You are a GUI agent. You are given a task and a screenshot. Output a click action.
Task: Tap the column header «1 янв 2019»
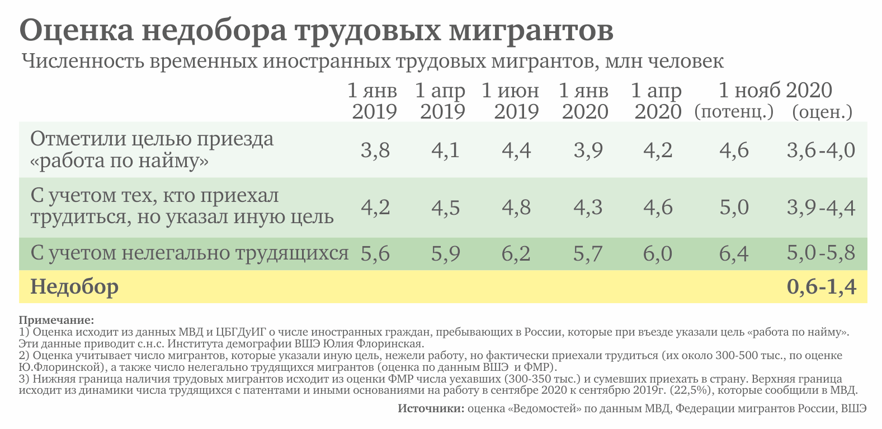374,101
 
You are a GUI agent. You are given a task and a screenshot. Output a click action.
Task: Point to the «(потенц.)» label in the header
734,112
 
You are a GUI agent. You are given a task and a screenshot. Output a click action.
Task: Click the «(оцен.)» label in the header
822,112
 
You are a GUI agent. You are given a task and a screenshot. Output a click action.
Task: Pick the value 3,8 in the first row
375,150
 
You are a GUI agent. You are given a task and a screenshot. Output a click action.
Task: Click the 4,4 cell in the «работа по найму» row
516,150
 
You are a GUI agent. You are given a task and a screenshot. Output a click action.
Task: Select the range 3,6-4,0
820,150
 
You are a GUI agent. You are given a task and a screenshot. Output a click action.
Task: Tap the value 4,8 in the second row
516,208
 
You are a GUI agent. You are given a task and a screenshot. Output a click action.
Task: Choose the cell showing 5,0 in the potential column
734,208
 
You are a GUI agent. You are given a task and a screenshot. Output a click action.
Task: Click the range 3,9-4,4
820,208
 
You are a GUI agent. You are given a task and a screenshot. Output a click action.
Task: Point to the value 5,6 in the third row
375,254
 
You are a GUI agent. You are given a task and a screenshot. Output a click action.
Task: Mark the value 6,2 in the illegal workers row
516,254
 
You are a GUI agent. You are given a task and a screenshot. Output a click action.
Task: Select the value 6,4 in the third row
734,254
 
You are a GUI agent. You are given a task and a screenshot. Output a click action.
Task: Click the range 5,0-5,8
820,253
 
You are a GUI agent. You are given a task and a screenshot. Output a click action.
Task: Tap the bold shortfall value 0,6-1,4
821,287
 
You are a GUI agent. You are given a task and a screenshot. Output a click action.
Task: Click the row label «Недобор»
74,287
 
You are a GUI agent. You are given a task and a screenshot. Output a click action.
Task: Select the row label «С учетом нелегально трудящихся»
190,253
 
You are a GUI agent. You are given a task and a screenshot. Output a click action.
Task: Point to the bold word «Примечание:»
56,320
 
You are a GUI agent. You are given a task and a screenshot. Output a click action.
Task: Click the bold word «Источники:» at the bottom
431,408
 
